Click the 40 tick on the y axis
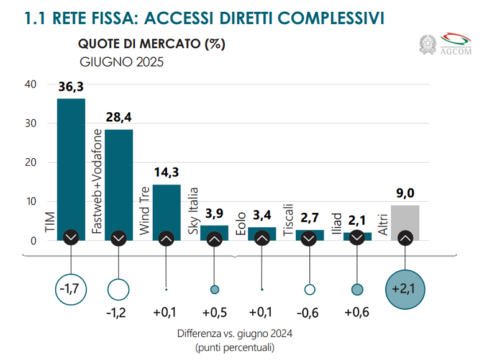click(x=30, y=84)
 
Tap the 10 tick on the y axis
click(x=30, y=202)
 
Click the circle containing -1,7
click(x=71, y=289)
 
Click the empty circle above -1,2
click(x=119, y=289)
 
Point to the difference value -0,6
click(x=309, y=312)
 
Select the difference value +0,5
click(x=214, y=312)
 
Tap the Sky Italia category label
click(x=193, y=211)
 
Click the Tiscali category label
click(x=288, y=218)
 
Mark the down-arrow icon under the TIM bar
click(x=71, y=238)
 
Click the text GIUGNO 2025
click(x=121, y=62)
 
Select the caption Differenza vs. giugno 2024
click(x=234, y=333)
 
